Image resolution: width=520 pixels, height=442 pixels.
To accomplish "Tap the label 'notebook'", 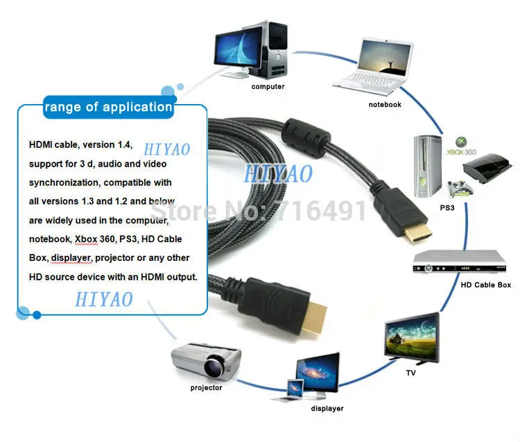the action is pos(384,104).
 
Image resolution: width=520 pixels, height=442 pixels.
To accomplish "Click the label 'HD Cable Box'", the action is pos(485,284).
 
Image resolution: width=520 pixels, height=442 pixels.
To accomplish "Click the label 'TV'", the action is pos(411,373).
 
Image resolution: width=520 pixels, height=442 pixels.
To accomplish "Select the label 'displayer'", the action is pos(327,409).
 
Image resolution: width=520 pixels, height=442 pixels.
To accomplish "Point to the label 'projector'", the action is pos(206,387).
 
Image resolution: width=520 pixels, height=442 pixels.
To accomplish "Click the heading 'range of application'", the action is pos(108,107).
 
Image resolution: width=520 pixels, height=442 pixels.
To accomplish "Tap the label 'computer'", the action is pos(268,87).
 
